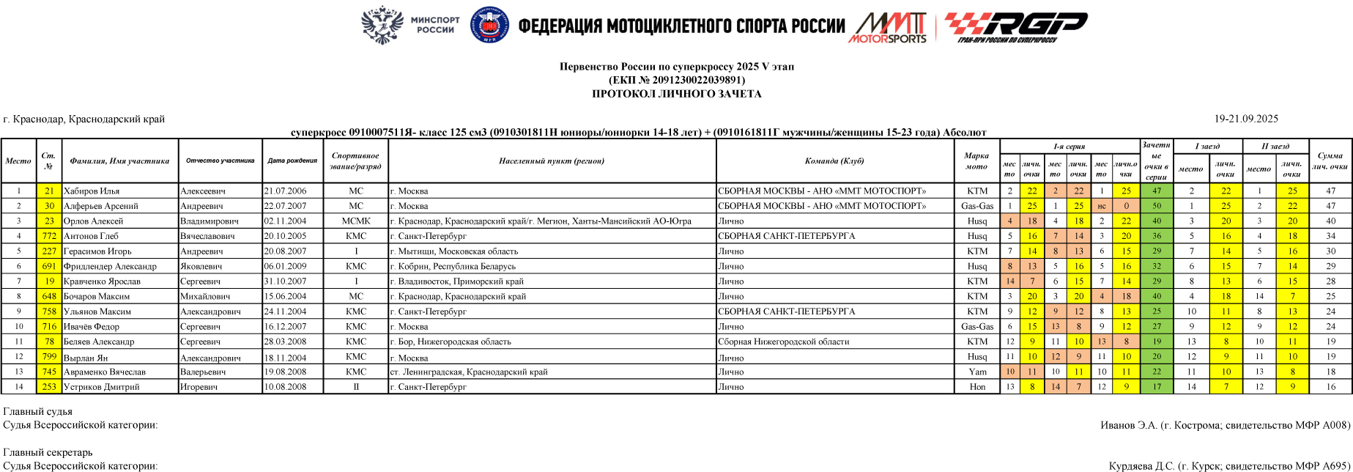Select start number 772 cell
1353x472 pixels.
pyautogui.click(x=49, y=236)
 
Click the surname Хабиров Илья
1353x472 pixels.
pyautogui.click(x=92, y=191)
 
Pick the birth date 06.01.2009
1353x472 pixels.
pyautogui.click(x=285, y=266)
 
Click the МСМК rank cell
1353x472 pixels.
pyautogui.click(x=355, y=221)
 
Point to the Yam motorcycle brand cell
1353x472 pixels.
pyautogui.click(x=977, y=372)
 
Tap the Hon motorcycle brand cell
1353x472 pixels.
pyautogui.click(x=977, y=387)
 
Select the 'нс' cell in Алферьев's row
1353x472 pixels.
pyautogui.click(x=1101, y=206)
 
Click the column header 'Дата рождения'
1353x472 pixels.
pyautogui.click(x=292, y=161)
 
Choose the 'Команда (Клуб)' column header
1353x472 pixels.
pyautogui.click(x=834, y=161)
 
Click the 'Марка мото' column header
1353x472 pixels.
pyautogui.click(x=976, y=161)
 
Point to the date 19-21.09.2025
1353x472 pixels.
pyautogui.click(x=1246, y=119)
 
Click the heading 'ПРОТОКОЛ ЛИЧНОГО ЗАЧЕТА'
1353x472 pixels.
pyautogui.click(x=676, y=94)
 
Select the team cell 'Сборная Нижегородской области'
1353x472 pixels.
pyautogui.click(x=783, y=342)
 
